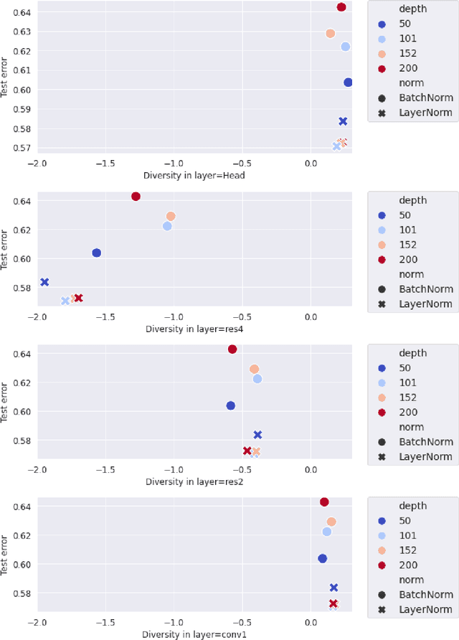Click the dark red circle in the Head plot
coord(341,7)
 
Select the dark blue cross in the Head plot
coord(343,122)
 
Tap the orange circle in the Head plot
coord(331,34)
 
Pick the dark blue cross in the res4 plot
coord(44,283)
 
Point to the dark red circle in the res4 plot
coord(136,197)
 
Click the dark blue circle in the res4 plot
coord(97,253)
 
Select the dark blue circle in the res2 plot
coord(231,405)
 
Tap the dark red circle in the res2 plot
coord(232,349)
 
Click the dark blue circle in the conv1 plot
coord(323,558)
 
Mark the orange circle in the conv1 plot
coord(331,522)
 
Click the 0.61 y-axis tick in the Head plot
coord(21,70)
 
